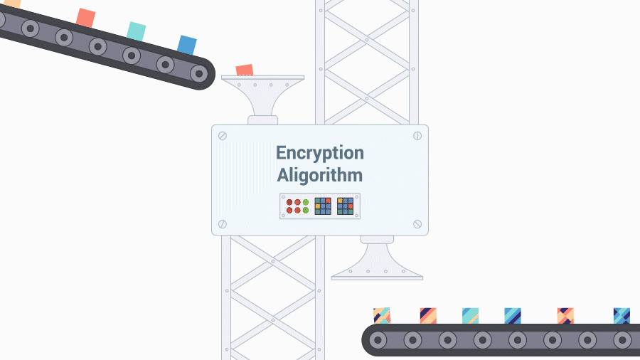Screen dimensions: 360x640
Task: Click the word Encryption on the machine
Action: click(x=319, y=153)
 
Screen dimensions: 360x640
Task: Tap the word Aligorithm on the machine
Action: click(x=319, y=175)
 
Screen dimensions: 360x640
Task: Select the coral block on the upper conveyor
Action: click(x=85, y=18)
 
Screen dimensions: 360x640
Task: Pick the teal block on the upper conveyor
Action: click(x=136, y=31)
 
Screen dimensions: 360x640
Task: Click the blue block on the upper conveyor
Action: click(x=187, y=44)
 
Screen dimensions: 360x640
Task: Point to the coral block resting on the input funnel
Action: click(x=244, y=70)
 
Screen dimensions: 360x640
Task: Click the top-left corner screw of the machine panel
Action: click(x=223, y=136)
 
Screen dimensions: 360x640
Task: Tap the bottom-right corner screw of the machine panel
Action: click(x=417, y=224)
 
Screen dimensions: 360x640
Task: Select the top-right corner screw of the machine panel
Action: click(x=417, y=136)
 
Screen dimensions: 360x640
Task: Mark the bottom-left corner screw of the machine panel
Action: click(x=223, y=224)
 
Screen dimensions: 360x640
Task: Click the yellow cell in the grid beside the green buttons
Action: click(x=318, y=206)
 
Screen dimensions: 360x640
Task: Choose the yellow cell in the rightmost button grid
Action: click(x=340, y=201)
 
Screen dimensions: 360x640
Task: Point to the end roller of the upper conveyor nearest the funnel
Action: click(x=200, y=73)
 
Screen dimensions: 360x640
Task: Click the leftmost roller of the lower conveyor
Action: click(x=379, y=340)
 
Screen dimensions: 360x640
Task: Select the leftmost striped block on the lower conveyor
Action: click(x=382, y=315)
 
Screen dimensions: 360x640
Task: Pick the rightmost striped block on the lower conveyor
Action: click(x=622, y=315)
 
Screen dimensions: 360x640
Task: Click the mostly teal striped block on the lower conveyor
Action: click(x=470, y=315)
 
